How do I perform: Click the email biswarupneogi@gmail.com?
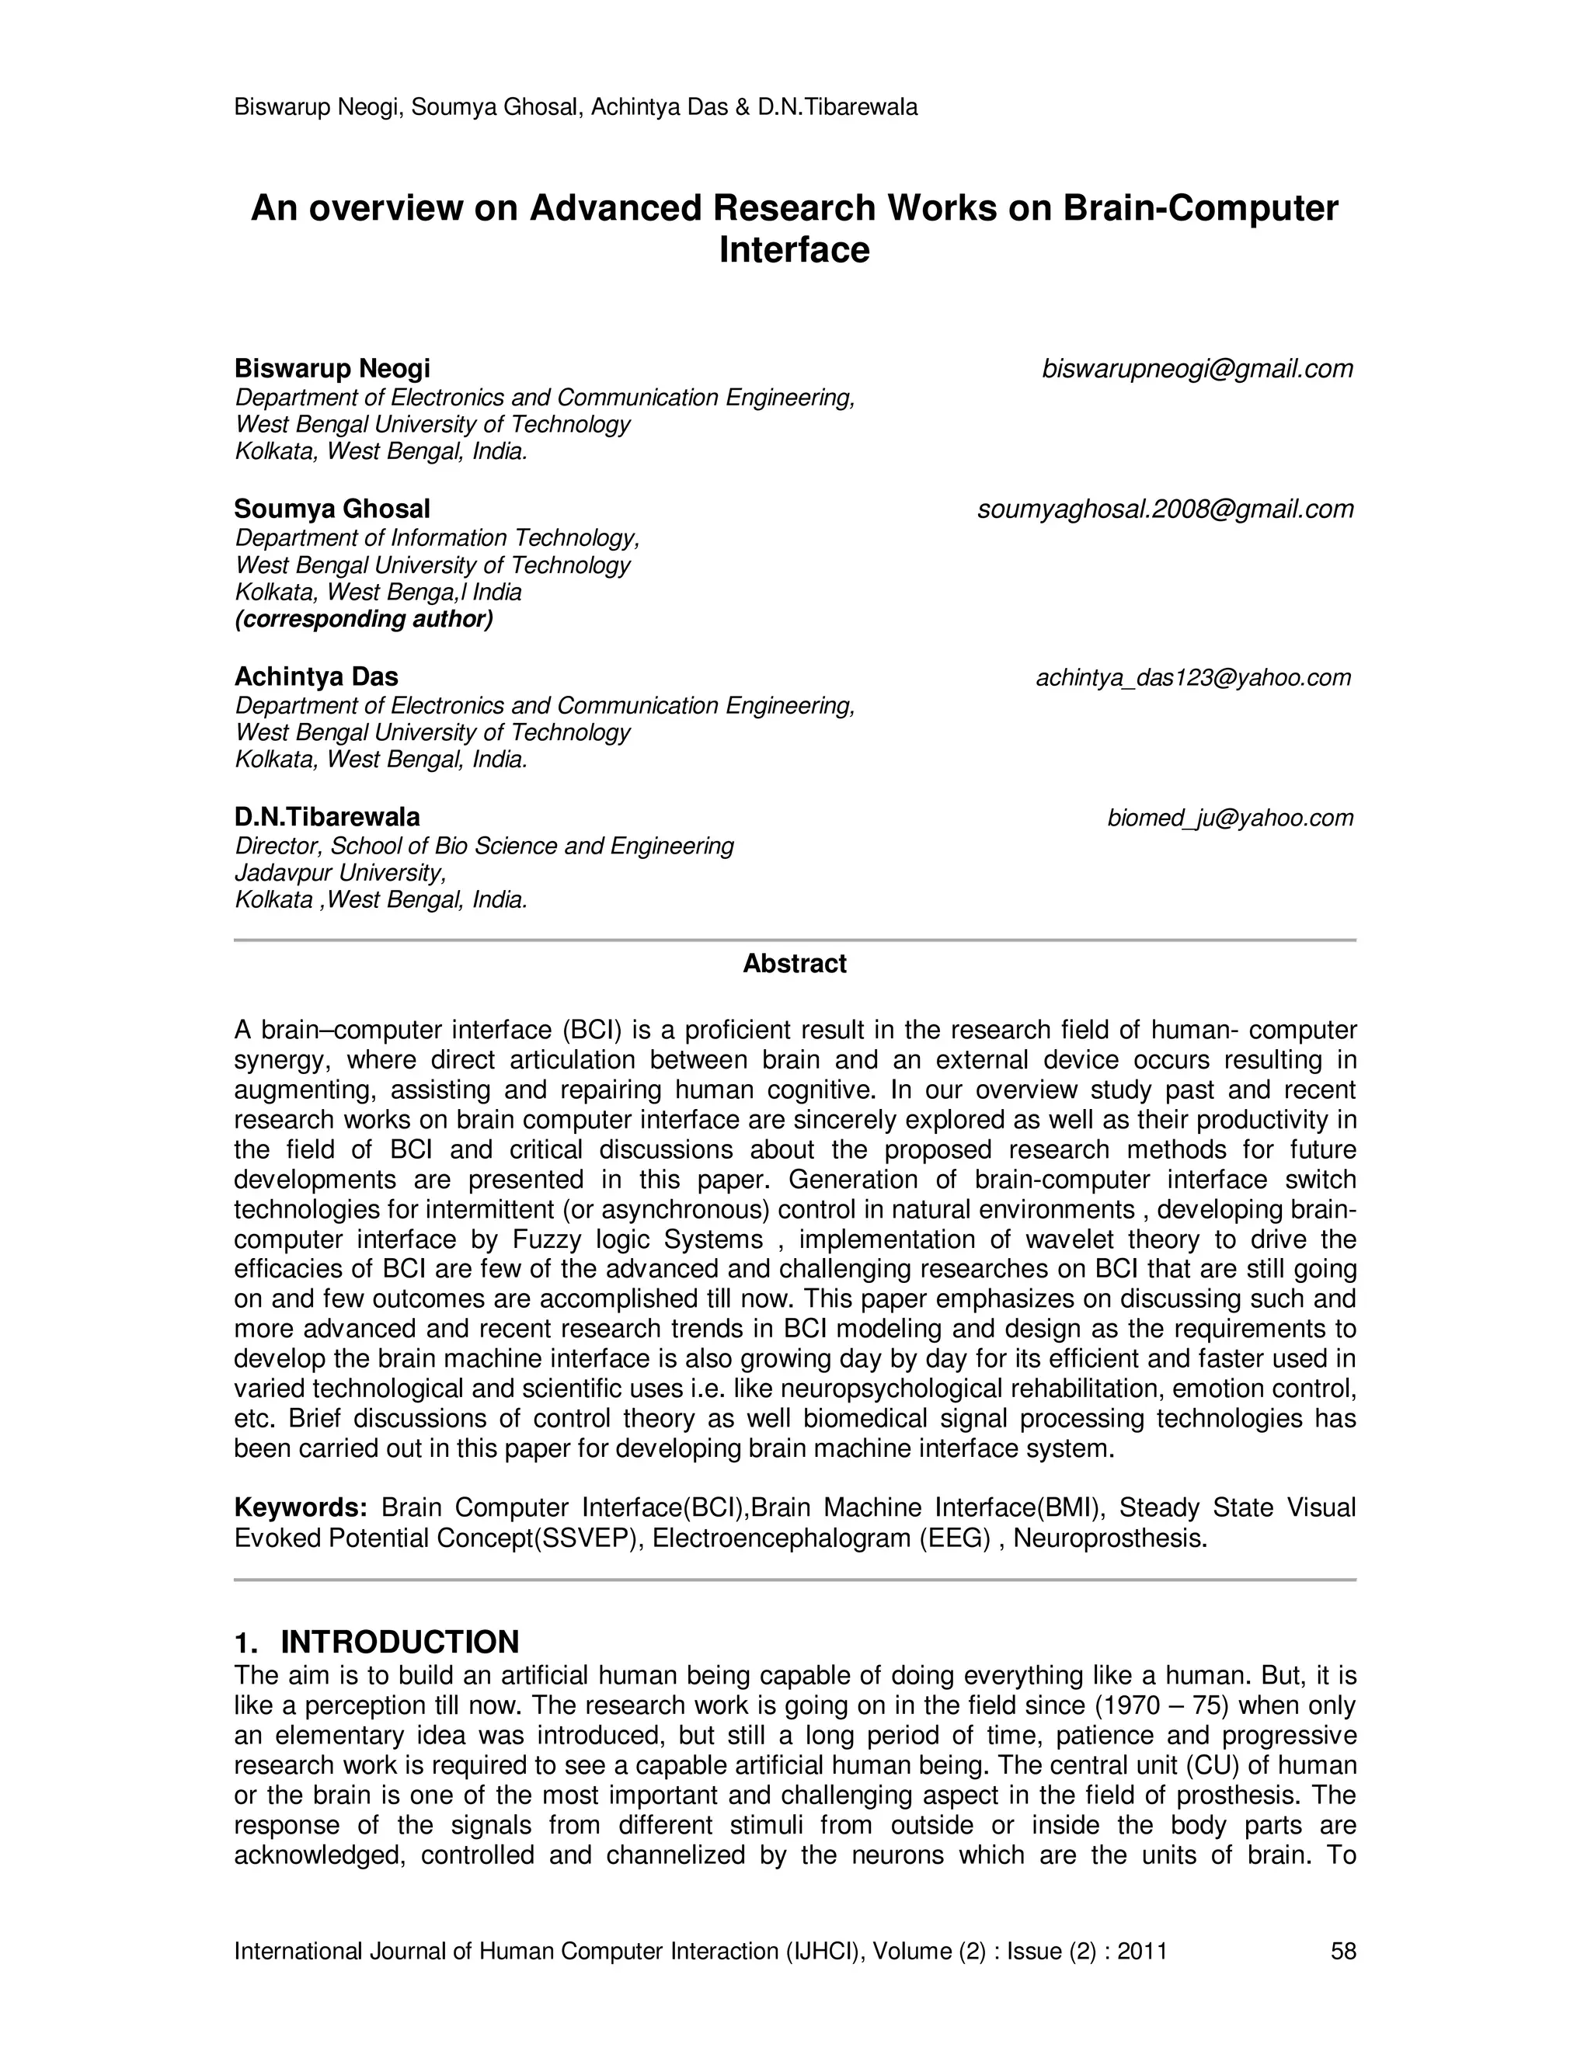pos(1197,370)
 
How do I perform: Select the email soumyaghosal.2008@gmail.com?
pos(1165,509)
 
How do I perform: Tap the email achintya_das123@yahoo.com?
pos(1193,677)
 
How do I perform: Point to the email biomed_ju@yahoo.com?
pos(1230,818)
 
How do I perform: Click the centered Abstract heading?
pos(795,963)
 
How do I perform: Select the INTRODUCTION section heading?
pos(399,1642)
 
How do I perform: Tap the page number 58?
pos(1343,1951)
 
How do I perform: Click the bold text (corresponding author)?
pos(364,619)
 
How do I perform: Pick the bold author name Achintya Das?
pos(315,676)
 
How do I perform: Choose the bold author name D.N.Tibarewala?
pos(327,817)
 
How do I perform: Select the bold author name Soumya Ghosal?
pos(332,509)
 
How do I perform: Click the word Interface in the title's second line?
pos(794,251)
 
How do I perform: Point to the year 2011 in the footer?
pos(1141,1951)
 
